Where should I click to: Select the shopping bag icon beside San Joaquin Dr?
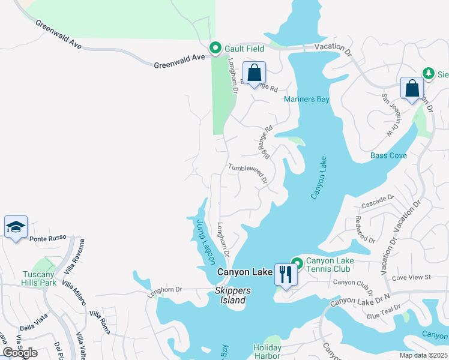(x=412, y=88)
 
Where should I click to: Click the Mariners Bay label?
(x=307, y=99)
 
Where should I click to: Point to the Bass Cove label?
(x=388, y=155)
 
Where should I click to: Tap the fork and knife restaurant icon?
(x=285, y=274)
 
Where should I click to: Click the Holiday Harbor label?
(x=267, y=352)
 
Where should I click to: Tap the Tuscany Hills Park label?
(x=38, y=278)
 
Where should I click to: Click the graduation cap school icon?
(x=16, y=227)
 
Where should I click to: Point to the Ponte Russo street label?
(x=46, y=238)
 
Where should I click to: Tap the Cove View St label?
(x=411, y=277)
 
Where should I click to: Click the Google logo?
(x=20, y=353)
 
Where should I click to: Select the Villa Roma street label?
(x=100, y=322)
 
